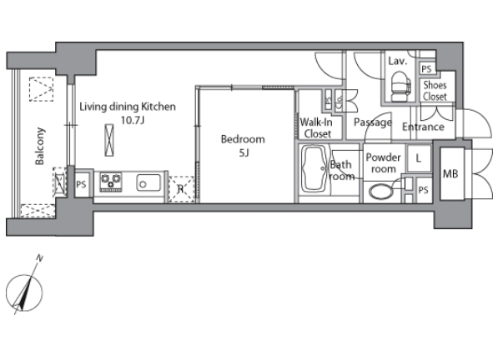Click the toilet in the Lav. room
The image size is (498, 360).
tap(400, 86)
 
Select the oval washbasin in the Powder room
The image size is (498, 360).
tap(381, 192)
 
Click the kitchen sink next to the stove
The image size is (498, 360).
tap(148, 182)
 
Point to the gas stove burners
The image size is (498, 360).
tap(111, 182)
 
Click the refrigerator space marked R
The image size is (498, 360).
tap(181, 189)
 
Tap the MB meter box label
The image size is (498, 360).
tap(450, 173)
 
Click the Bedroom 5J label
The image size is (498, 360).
tap(243, 146)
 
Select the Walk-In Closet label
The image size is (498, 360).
tap(316, 127)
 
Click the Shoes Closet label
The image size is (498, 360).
tap(435, 90)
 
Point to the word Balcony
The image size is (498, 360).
tap(40, 146)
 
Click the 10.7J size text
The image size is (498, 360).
tap(133, 120)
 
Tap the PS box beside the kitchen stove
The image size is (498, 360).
tap(81, 184)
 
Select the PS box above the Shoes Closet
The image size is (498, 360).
tap(427, 69)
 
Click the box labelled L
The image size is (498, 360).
tap(419, 158)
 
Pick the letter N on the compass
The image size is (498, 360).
tap(39, 257)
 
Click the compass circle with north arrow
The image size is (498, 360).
tap(24, 292)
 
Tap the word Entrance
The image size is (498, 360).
tap(423, 127)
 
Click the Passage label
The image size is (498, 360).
tap(373, 122)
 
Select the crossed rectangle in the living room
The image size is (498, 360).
tap(109, 140)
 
